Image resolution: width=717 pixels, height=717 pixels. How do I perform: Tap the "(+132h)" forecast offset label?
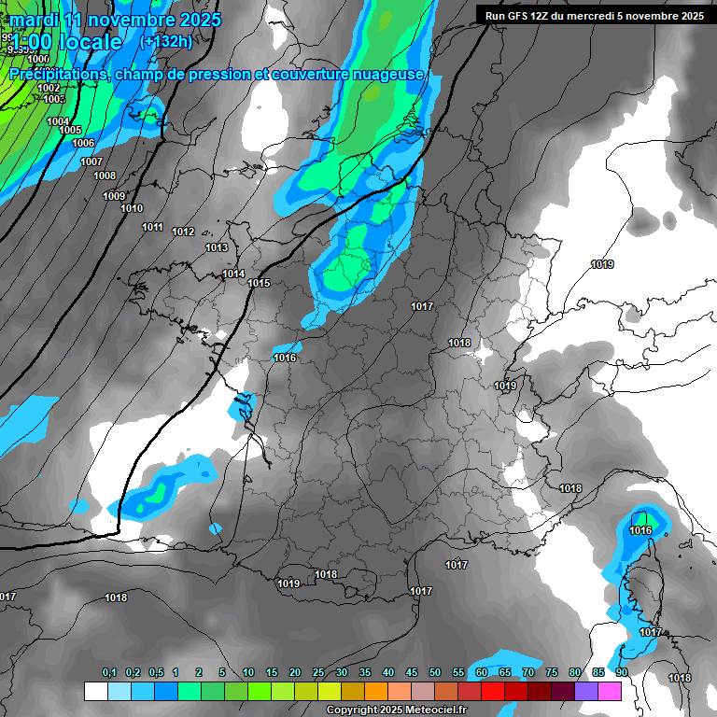coord(167,41)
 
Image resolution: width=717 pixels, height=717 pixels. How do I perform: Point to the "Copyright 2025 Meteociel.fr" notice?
coord(396,710)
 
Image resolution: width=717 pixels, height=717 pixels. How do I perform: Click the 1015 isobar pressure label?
coord(259,283)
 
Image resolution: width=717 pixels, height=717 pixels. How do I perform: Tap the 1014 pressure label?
coord(233,274)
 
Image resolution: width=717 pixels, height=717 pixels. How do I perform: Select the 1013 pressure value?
coord(217,247)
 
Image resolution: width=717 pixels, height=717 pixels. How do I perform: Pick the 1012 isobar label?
coord(183,232)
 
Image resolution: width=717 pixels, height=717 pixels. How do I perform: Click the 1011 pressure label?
coord(153,227)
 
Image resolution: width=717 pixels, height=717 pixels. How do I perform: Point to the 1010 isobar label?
coord(133,208)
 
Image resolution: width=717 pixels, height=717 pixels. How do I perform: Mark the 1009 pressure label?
coord(114,196)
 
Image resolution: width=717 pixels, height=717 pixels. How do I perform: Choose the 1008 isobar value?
coord(105,176)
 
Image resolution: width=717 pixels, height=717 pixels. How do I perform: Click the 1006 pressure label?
coord(83,143)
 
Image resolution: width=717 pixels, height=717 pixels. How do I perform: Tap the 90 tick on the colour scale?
coord(621,672)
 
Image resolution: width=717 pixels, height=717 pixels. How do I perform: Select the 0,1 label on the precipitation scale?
coord(108,672)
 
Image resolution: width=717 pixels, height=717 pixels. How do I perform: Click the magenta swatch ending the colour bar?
coord(610,691)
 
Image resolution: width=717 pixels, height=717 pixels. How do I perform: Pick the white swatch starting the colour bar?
coord(95,691)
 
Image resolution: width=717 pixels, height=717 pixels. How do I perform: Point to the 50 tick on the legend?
coord(435,672)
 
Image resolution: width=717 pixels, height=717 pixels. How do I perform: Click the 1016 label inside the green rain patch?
coord(640,530)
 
